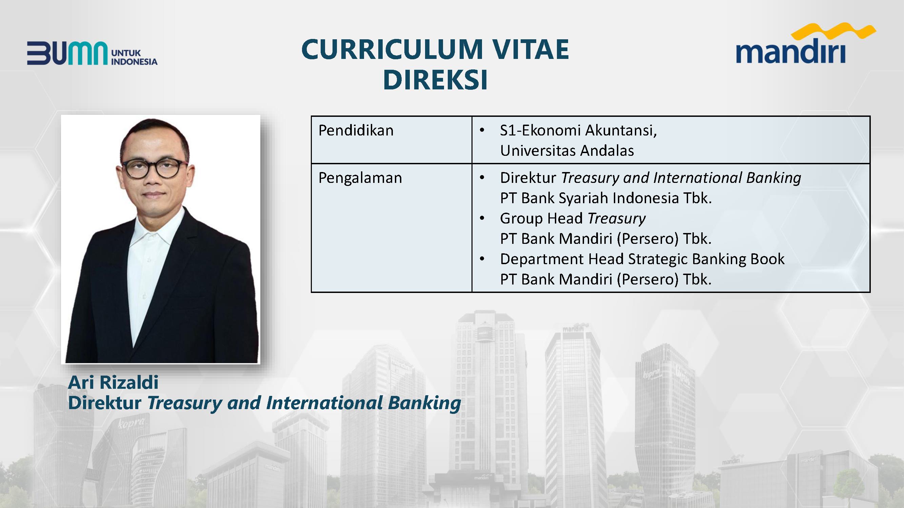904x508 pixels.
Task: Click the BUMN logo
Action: [x=92, y=53]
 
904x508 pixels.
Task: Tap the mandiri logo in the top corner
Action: [x=806, y=43]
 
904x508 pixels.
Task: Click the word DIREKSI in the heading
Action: [x=436, y=80]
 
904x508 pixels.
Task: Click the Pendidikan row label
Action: [x=356, y=130]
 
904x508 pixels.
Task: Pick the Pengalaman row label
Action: [x=360, y=178]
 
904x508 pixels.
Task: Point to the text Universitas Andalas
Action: [x=567, y=151]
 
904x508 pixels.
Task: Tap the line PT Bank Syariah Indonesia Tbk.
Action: [x=606, y=198]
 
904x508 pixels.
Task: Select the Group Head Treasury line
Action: [x=573, y=218]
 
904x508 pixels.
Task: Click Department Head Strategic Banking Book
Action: [x=642, y=259]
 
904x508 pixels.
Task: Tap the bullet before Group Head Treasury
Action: [x=482, y=218]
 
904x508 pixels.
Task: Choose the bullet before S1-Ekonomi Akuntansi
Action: [x=482, y=130]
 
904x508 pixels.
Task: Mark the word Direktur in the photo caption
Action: [x=105, y=403]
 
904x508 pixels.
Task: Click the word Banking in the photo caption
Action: [x=424, y=403]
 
